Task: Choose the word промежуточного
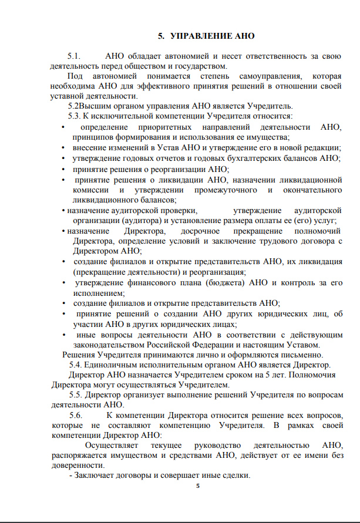click(x=221, y=190)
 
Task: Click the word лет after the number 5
click(x=269, y=374)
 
